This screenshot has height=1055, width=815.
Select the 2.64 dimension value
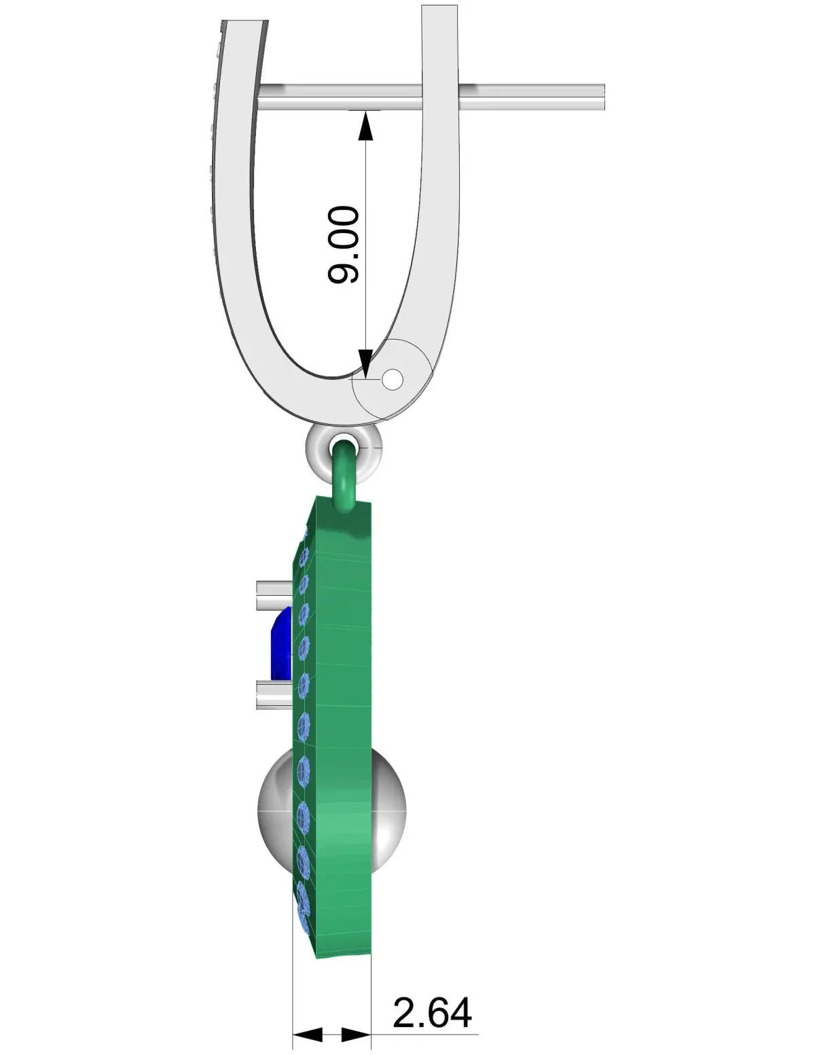click(x=431, y=1013)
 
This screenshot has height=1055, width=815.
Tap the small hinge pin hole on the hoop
click(x=392, y=379)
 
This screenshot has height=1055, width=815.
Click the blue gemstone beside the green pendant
click(x=282, y=643)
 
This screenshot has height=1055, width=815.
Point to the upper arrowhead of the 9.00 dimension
click(x=365, y=126)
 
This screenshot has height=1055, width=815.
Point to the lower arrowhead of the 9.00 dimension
click(x=366, y=363)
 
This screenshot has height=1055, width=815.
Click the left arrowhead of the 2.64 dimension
click(x=307, y=1035)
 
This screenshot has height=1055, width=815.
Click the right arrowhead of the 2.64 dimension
click(x=357, y=1035)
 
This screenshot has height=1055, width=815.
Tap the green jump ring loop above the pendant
click(x=345, y=476)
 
